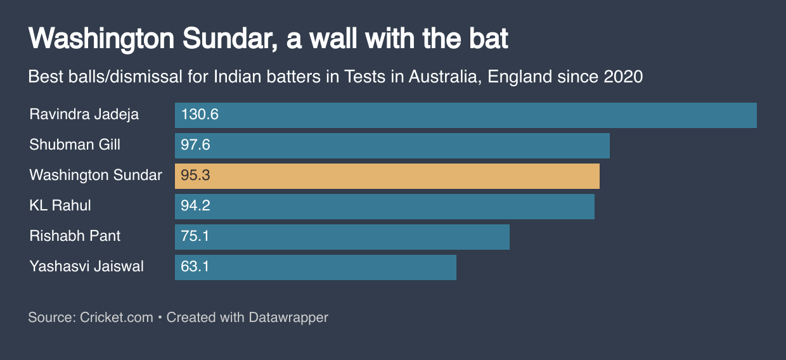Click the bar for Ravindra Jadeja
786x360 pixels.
pos(466,115)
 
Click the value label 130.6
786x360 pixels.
pos(200,115)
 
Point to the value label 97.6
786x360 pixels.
pos(195,145)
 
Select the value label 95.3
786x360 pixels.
pos(195,176)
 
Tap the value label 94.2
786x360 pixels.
pos(195,206)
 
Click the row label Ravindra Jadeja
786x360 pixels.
pos(84,115)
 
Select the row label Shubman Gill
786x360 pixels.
pos(75,145)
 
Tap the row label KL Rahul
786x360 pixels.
pos(60,206)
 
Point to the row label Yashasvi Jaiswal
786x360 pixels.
pos(86,267)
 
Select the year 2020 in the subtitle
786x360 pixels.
pos(623,77)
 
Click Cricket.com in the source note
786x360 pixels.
pos(117,317)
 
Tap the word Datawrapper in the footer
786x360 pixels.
pos(288,317)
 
